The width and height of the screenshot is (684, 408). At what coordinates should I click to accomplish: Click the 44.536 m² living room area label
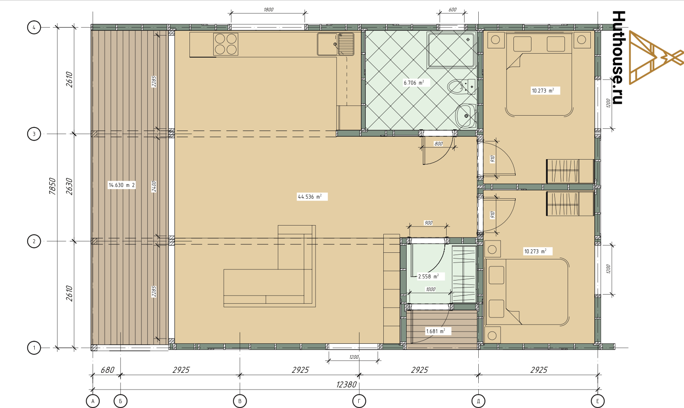[x=309, y=197]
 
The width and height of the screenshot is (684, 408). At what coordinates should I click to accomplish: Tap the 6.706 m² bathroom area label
[x=414, y=83]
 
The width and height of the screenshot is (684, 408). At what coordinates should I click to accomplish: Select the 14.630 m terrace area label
[x=121, y=185]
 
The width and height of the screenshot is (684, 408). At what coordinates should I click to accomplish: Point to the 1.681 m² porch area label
[x=436, y=331]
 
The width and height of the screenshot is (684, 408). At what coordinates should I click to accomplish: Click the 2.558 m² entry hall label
[x=429, y=277]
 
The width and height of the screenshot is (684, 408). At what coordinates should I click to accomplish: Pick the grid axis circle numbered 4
[x=34, y=28]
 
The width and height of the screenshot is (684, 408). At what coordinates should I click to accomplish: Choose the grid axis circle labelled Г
[x=359, y=401]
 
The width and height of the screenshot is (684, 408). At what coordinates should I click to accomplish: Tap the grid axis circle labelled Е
[x=597, y=401]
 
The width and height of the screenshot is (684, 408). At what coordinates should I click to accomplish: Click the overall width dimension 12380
[x=346, y=385]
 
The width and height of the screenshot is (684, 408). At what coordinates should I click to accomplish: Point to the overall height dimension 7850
[x=52, y=186]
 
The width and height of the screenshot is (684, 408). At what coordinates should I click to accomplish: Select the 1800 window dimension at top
[x=269, y=10]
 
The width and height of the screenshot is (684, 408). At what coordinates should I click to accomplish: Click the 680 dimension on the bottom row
[x=108, y=370]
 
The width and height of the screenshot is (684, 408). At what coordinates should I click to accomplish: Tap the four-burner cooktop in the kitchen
[x=226, y=44]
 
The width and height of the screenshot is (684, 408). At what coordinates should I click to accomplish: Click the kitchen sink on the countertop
[x=335, y=44]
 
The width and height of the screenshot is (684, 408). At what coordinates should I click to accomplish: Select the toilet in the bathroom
[x=461, y=87]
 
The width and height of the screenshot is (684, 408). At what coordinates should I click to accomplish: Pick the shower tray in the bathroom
[x=451, y=50]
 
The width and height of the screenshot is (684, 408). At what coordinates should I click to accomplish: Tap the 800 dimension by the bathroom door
[x=439, y=144]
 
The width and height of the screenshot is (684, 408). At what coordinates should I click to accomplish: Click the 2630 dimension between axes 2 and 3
[x=69, y=186]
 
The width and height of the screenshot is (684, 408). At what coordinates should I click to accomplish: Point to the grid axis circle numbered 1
[x=34, y=348]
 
